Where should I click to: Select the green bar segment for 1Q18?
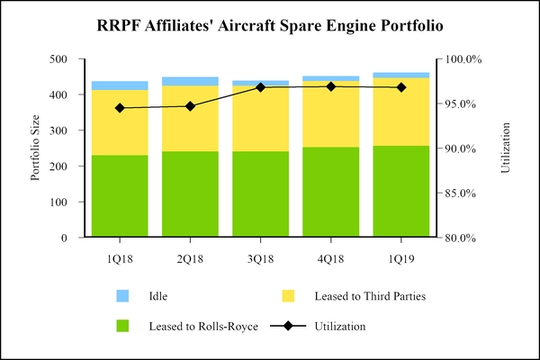[120, 197]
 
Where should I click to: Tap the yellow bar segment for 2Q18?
[190, 118]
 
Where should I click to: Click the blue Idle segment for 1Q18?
[120, 85]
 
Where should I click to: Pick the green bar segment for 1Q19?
[401, 192]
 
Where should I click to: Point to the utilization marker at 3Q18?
[260, 87]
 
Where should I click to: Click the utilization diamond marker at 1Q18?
[120, 108]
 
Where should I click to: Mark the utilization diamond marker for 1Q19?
[401, 87]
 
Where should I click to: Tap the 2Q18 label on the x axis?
[190, 258]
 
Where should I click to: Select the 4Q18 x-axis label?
[330, 258]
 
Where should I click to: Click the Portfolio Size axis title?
[36, 148]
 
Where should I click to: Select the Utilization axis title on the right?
[505, 148]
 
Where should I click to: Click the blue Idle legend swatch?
[122, 295]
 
